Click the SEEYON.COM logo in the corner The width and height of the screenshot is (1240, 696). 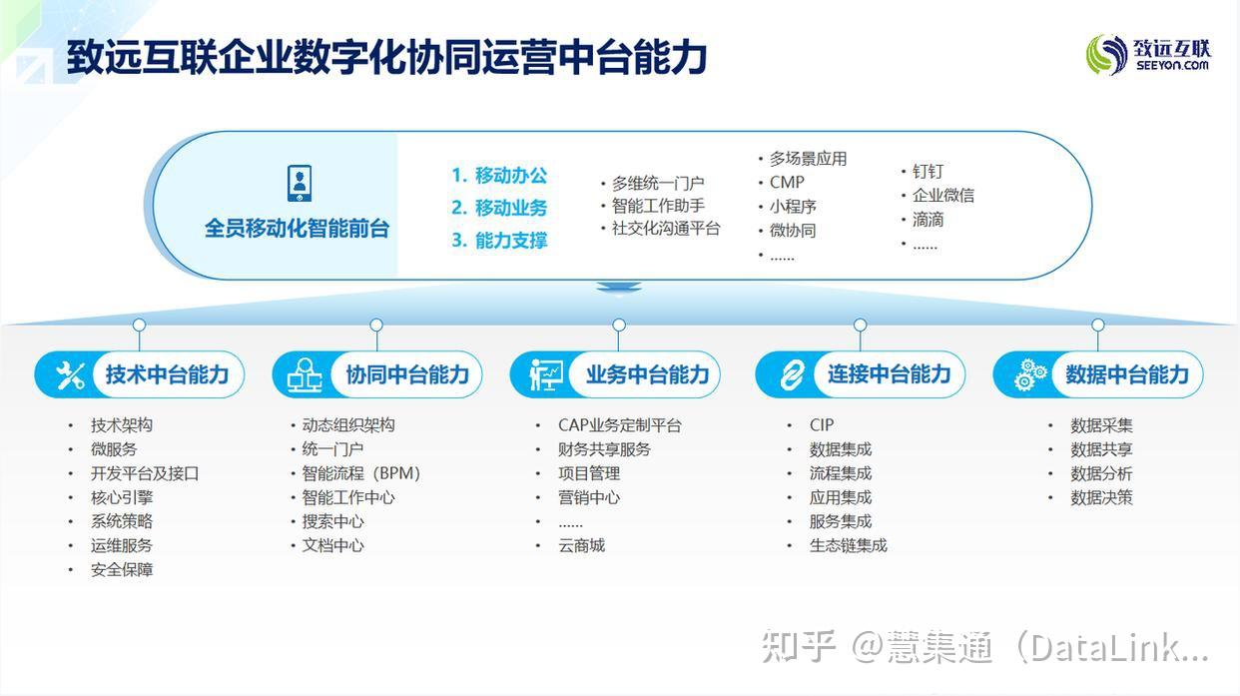1148,54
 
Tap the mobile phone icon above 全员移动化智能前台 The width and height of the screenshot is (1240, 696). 299,184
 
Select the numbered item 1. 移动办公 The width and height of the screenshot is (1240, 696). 499,176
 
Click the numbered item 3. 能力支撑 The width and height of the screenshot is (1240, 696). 499,241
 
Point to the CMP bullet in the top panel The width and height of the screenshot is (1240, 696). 787,183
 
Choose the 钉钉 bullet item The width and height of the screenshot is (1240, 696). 928,172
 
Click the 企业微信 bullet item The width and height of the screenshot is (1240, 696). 942,196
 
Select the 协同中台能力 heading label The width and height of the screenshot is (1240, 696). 407,375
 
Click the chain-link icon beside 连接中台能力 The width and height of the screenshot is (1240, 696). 792,375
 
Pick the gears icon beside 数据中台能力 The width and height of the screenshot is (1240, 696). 1030,375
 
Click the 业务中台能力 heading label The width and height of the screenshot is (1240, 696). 647,375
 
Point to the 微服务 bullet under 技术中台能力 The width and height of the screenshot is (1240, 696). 114,449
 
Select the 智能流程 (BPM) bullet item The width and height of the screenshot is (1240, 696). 361,473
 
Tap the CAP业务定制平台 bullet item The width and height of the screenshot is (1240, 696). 619,425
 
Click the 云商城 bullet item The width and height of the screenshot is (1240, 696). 581,545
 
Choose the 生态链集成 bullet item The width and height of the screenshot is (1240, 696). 848,545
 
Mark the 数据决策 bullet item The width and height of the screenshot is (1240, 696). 1101,497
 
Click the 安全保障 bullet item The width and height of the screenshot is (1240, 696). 122,569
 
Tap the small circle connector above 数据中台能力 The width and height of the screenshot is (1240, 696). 1098,325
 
